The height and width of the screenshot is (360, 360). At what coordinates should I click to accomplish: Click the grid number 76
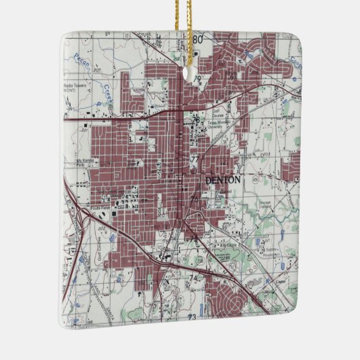click(x=195, y=200)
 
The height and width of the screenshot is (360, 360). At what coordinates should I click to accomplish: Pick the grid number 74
click(x=192, y=278)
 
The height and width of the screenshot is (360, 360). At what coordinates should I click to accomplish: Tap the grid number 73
click(x=192, y=317)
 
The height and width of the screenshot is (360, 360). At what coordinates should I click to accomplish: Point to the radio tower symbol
click(x=70, y=104)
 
